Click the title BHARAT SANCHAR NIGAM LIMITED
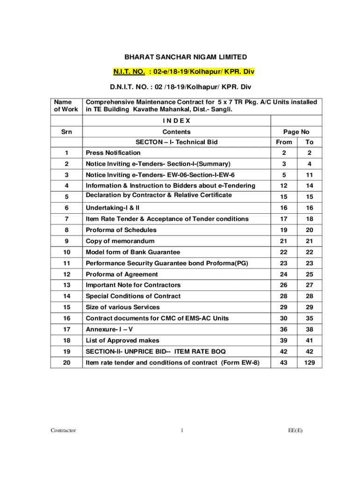click(x=185, y=57)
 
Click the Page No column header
click(x=296, y=132)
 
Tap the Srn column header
click(x=66, y=132)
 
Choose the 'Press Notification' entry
click(x=113, y=152)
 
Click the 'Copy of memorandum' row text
click(x=120, y=241)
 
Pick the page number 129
click(x=309, y=363)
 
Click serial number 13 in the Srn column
click(x=66, y=285)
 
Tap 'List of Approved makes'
click(x=122, y=341)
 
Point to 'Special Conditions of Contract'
click(x=133, y=296)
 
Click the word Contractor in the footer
click(x=64, y=430)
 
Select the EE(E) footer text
click(x=295, y=430)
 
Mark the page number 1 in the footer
click(x=181, y=430)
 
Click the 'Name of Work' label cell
click(x=66, y=106)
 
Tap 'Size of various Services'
click(x=122, y=307)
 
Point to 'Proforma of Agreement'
click(x=122, y=274)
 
